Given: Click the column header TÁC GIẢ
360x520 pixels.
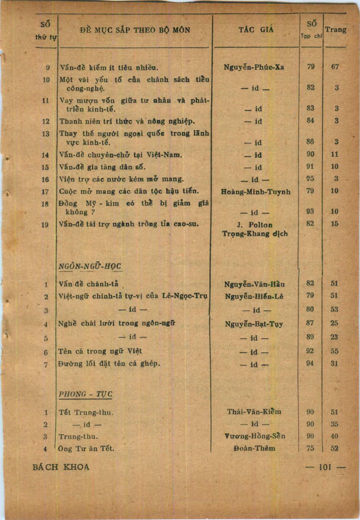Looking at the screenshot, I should coord(256,30).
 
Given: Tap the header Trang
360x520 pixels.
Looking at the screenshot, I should coord(336,30).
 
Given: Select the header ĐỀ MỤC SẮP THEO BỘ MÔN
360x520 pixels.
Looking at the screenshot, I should coord(135,30).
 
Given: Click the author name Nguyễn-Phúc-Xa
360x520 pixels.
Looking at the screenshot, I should coord(254,67).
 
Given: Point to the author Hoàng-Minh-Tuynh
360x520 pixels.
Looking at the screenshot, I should coord(256,192).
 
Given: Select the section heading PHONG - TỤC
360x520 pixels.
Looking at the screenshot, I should coord(86,394).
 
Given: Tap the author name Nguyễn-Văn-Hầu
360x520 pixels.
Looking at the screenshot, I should coord(255,284).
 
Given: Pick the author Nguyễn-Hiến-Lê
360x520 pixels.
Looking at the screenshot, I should coord(254,296).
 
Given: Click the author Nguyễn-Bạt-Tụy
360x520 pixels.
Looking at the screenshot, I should coord(254,324).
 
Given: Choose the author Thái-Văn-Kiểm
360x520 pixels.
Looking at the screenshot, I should coord(254,411).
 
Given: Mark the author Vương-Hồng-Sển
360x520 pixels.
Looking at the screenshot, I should coord(254,436).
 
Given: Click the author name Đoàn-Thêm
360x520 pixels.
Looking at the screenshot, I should coord(254,448).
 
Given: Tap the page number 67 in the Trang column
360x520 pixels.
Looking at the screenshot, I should coord(335,67).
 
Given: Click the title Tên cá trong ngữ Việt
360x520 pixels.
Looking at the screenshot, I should coord(100,351).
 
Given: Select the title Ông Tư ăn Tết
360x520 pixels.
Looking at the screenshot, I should coord(87,448).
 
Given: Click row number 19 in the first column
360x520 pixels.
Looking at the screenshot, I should coord(45,224).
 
